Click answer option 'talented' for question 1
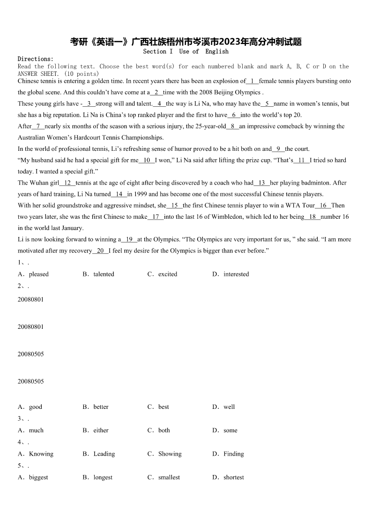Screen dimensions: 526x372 (x=104, y=274)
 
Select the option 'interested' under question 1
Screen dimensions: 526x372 (x=236, y=274)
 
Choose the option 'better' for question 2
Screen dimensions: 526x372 (x=101, y=407)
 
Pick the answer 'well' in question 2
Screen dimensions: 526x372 (x=229, y=407)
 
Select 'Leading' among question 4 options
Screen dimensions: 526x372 (x=104, y=453)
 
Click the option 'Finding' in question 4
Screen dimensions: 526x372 (x=233, y=453)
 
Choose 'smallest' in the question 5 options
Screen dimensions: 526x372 (x=169, y=477)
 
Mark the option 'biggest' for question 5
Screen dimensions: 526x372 (x=38, y=477)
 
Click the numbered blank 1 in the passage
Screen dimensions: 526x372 (x=253, y=81)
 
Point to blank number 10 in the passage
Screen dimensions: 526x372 (x=147, y=160)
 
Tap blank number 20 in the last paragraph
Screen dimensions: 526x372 (x=100, y=251)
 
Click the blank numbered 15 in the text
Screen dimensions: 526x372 (x=175, y=205)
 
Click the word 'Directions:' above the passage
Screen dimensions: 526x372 (x=36, y=59)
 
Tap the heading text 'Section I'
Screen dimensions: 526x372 (x=158, y=52)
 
